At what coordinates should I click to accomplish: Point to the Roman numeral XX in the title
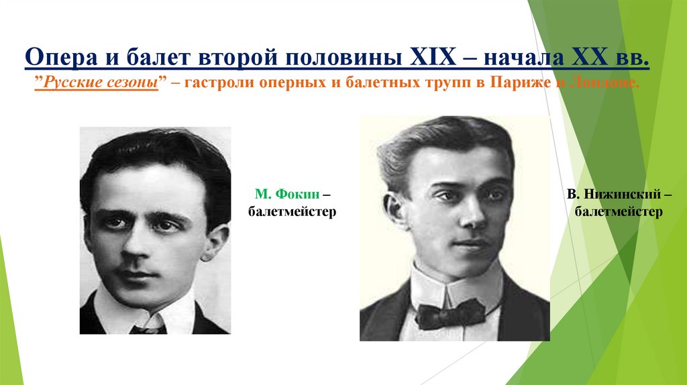pyautogui.click(x=590, y=59)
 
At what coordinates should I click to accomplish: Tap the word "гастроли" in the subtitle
pyautogui.click(x=219, y=83)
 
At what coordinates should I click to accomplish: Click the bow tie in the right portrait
pyautogui.click(x=450, y=313)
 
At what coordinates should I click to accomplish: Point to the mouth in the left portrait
pyautogui.click(x=136, y=274)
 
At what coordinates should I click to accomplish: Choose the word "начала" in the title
pyautogui.click(x=519, y=59)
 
